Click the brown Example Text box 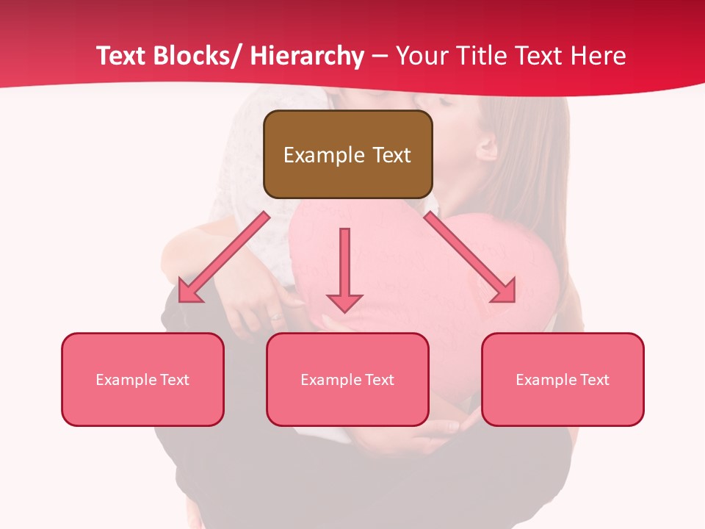point(347,154)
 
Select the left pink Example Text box point(142,379)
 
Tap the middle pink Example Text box point(347,379)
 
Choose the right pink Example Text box point(563,379)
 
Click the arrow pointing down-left point(223,257)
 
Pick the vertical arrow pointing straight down point(344,269)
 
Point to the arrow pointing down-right point(470,257)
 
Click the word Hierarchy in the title point(306,56)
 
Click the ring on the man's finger point(275,317)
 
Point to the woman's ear point(487,149)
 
